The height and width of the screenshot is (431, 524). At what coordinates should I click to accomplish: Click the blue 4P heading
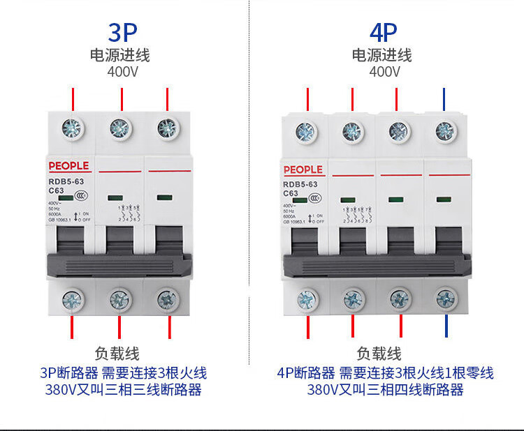coord(384,32)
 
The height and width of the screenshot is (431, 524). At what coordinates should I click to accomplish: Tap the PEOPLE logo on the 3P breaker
coord(69,166)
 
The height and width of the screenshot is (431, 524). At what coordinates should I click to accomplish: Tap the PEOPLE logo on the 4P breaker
coord(303,169)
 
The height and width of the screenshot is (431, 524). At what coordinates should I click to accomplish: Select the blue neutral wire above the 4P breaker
coord(445,100)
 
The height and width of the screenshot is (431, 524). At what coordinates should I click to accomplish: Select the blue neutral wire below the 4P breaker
coord(445,326)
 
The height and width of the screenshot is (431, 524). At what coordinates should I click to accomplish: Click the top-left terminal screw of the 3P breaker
coord(73,128)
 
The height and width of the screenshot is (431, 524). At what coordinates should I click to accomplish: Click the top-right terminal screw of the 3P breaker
coord(167,128)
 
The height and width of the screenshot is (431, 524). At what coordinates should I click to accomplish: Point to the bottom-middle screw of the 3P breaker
coord(119,300)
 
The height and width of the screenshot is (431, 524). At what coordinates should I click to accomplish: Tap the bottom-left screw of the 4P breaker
coord(305,300)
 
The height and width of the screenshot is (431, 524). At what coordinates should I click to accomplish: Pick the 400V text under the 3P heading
coord(122,71)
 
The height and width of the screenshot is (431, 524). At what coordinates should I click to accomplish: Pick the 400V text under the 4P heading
coord(384,71)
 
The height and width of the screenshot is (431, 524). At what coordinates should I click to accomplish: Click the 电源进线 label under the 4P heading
coord(382,55)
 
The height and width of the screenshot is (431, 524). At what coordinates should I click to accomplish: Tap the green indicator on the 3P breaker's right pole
coord(165,197)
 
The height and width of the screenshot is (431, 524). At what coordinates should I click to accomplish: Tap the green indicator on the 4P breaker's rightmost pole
coord(443,199)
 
